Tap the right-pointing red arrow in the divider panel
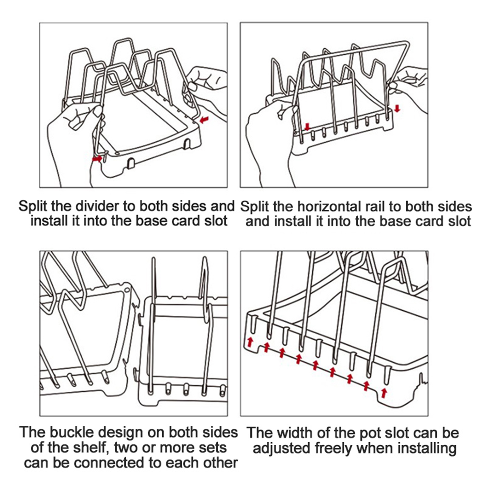pyautogui.click(x=97, y=159)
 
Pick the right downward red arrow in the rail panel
pyautogui.click(x=397, y=108)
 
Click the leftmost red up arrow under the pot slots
pyautogui.click(x=250, y=342)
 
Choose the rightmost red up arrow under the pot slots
pyautogui.click(x=384, y=393)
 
